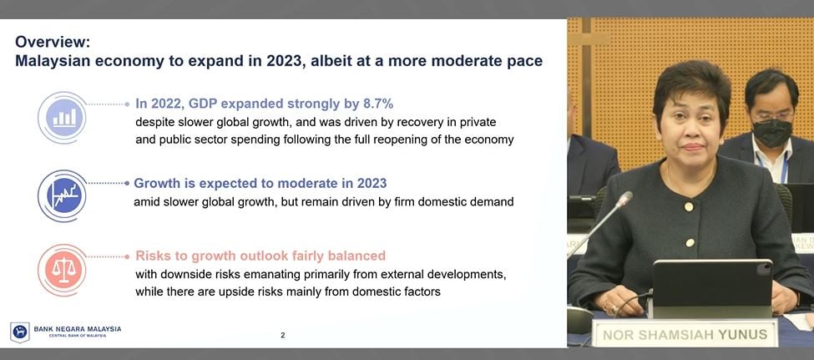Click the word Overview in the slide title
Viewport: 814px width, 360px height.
click(x=52, y=42)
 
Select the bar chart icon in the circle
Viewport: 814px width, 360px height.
click(x=63, y=118)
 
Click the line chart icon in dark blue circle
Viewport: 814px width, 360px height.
click(x=63, y=196)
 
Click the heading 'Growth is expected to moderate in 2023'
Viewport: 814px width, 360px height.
click(x=260, y=183)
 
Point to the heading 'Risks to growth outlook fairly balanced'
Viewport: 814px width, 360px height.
click(x=260, y=256)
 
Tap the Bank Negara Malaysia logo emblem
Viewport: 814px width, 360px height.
click(x=19, y=332)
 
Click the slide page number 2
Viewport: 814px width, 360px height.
click(x=282, y=335)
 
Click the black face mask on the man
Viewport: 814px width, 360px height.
click(x=772, y=132)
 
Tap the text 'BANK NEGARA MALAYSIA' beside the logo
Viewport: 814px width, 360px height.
click(x=78, y=329)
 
